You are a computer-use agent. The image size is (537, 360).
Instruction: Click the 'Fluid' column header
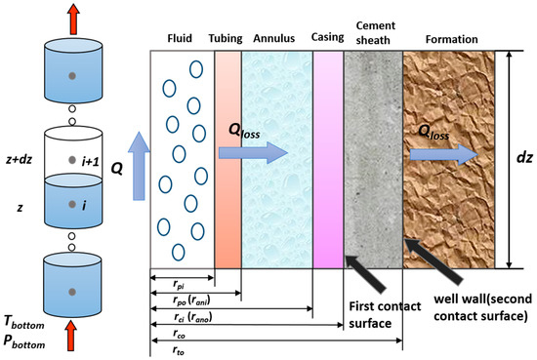179,40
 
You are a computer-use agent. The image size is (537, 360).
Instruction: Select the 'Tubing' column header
226,40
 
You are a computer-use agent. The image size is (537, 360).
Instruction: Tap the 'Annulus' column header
273,40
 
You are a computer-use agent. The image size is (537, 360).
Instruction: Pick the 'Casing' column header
326,40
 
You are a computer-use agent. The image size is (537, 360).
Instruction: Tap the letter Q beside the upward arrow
116,167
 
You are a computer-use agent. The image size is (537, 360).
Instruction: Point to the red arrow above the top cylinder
69,13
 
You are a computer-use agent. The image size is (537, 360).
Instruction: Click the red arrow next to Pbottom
69,339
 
